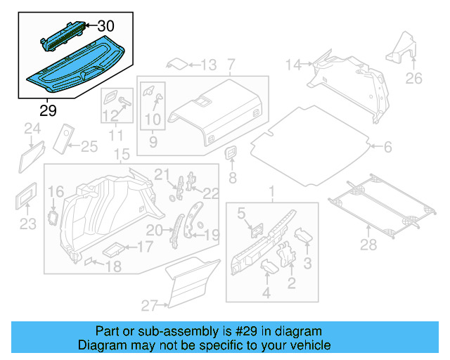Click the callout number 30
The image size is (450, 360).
tap(105, 26)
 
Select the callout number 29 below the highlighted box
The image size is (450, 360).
tap(48, 110)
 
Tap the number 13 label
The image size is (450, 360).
tap(209, 65)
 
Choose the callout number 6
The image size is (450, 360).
tap(388, 147)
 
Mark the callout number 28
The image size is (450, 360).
tap(368, 244)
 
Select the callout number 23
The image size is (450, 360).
tap(27, 224)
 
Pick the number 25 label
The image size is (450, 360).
tap(89, 146)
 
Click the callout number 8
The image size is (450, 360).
tap(233, 178)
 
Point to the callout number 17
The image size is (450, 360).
tap(144, 247)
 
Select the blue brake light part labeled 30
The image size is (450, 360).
tap(65, 34)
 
